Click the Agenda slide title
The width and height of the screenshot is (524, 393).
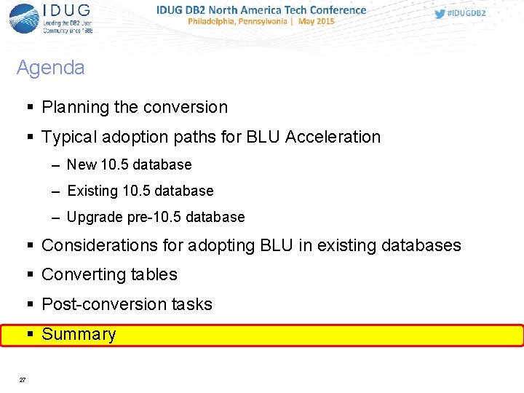pos(50,68)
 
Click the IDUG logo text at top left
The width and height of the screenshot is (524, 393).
pos(67,10)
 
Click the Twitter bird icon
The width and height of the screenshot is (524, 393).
pos(440,14)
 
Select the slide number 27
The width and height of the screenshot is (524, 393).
pos(23,380)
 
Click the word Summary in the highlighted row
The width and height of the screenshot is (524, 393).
pos(79,335)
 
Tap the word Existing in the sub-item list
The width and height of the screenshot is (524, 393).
pos(92,191)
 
